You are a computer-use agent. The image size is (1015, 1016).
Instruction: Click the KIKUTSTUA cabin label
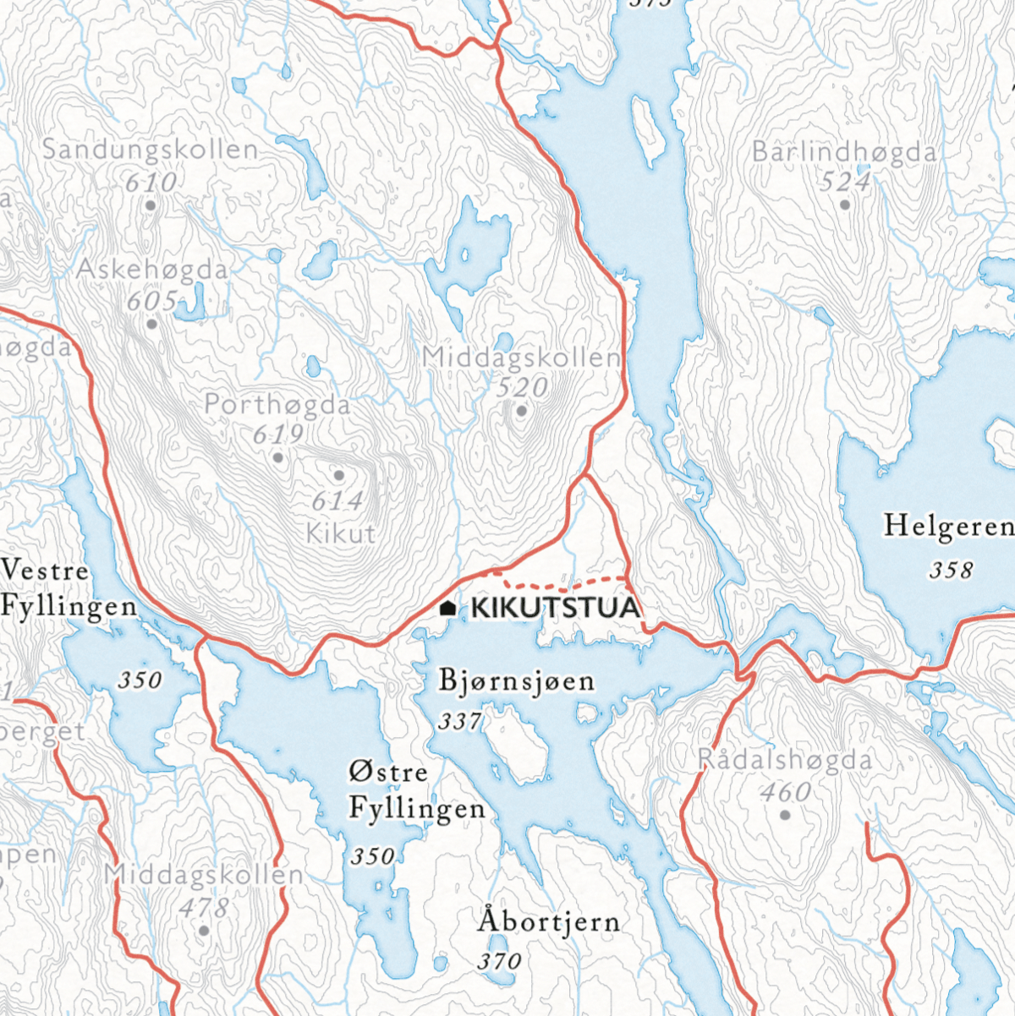[554, 608]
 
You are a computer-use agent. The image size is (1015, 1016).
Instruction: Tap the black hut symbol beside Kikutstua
[448, 608]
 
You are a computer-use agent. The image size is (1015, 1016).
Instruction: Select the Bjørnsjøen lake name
[517, 681]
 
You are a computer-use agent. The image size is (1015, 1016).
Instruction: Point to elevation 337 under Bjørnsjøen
[460, 721]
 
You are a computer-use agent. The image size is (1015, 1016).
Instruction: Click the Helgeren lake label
[948, 527]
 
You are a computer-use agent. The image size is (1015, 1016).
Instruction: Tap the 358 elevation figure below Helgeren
[952, 571]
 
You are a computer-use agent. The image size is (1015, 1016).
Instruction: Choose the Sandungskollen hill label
[151, 150]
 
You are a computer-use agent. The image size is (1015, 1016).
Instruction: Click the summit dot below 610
[151, 205]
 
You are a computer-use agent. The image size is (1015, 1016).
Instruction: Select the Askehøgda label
[152, 270]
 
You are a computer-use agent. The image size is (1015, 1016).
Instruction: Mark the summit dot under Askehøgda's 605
[152, 324]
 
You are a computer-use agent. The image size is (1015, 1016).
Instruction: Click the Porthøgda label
[277, 405]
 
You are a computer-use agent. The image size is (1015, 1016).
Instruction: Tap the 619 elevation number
[278, 434]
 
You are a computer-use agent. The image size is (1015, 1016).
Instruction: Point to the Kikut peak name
[341, 534]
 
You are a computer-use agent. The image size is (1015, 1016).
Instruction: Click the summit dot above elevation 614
[339, 476]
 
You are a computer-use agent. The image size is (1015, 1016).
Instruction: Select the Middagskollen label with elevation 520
[522, 358]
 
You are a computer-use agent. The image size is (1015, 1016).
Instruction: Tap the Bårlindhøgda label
[844, 152]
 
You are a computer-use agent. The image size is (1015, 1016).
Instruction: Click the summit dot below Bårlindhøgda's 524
[844, 205]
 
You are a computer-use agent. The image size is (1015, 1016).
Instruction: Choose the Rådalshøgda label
[785, 760]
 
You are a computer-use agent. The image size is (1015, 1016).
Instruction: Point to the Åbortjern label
[549, 921]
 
